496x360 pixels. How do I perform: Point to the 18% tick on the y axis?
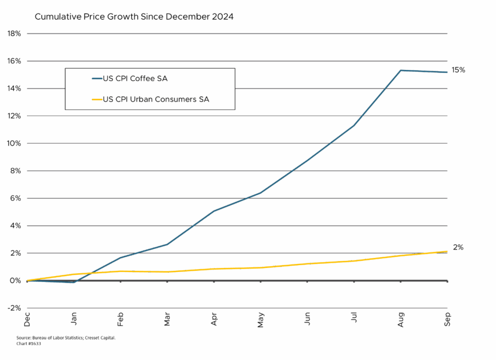(13, 34)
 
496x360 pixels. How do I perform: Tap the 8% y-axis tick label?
(15, 171)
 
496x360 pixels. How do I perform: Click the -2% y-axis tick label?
(14, 308)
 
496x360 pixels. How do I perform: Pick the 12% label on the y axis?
(13, 116)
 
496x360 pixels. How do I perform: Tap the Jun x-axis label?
(308, 318)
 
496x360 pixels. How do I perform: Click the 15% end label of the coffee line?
(458, 70)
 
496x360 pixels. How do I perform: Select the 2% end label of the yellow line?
(458, 248)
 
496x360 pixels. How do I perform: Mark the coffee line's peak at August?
(401, 70)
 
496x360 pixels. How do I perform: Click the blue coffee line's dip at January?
(74, 282)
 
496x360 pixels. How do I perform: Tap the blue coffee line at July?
(354, 125)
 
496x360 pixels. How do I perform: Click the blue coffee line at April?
(214, 210)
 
